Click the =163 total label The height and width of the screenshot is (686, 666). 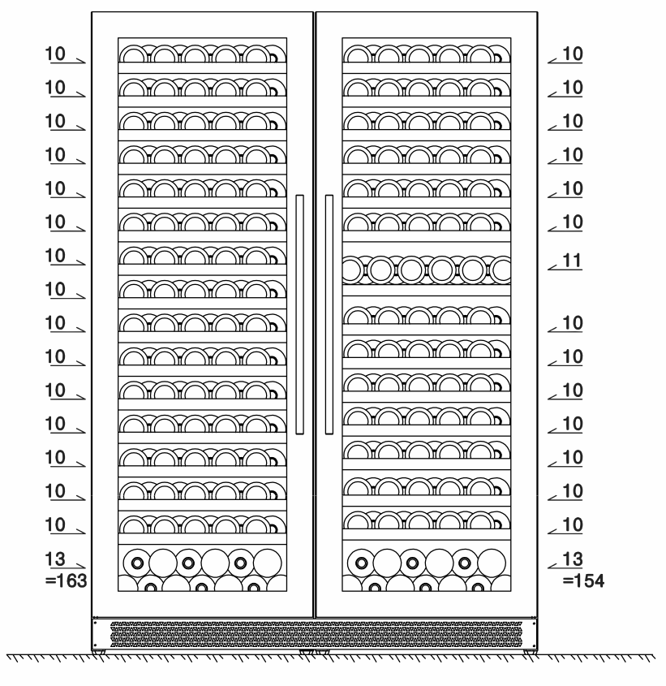[69, 580]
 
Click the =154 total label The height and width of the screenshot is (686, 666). [585, 580]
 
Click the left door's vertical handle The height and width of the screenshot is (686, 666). [300, 314]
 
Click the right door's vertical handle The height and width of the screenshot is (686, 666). [329, 314]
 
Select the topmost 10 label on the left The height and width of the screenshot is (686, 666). [56, 54]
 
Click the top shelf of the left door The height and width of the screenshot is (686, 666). [202, 54]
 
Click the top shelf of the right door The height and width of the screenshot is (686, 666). [427, 54]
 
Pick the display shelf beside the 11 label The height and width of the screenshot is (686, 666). [427, 269]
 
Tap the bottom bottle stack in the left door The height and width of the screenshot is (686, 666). [202, 569]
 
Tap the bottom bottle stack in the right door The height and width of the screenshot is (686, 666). [427, 569]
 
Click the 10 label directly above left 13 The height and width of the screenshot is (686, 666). [56, 524]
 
